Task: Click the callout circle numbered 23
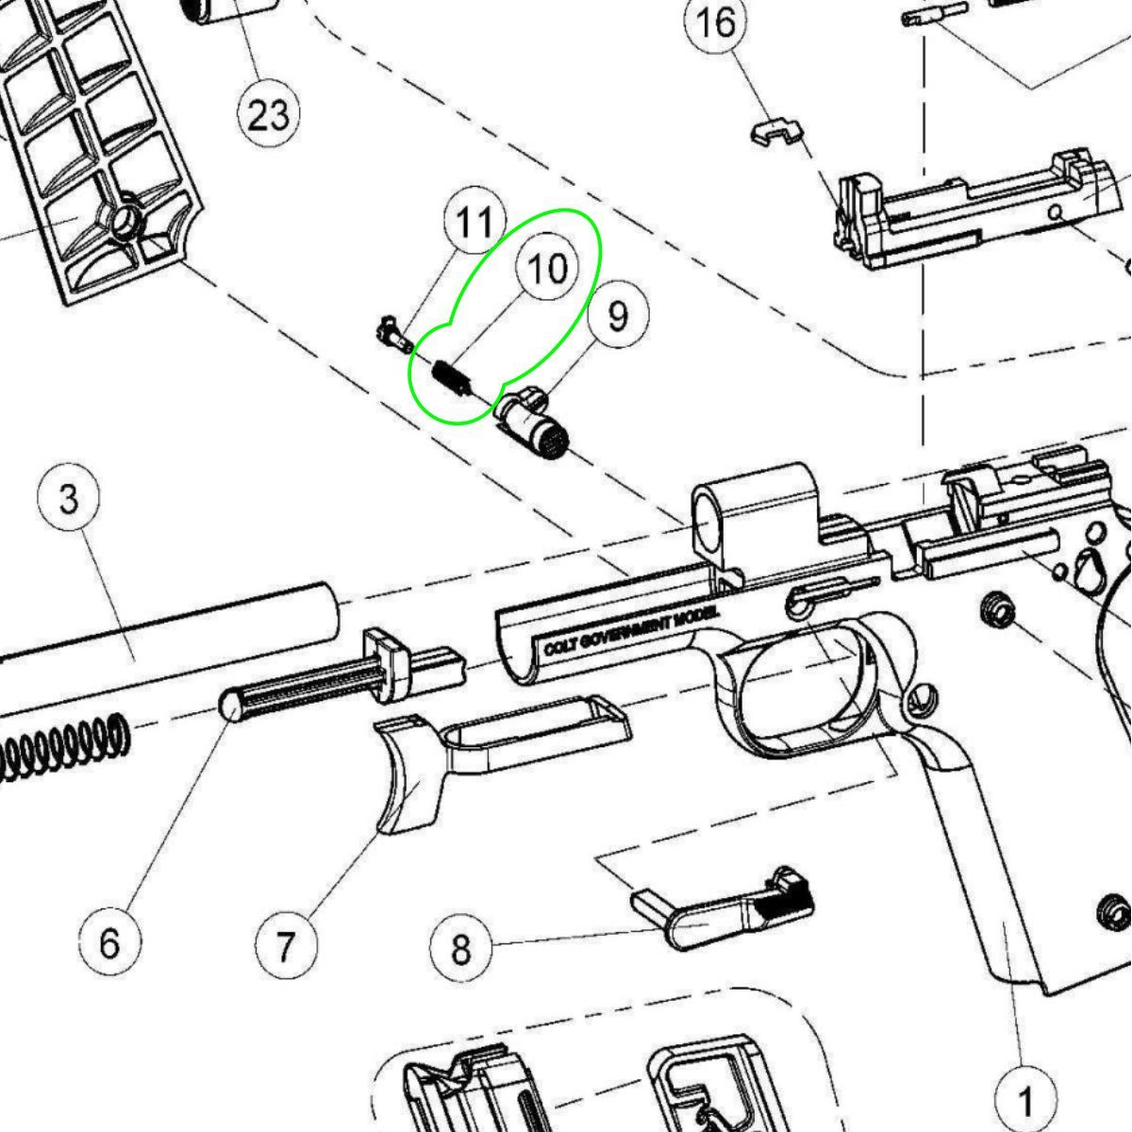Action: [x=268, y=114]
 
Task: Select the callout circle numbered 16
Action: [x=717, y=23]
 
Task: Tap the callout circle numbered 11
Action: [x=474, y=224]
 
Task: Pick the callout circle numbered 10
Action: [x=548, y=268]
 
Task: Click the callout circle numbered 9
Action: [x=618, y=316]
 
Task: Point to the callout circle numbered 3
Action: [x=70, y=499]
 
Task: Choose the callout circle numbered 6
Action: [x=109, y=942]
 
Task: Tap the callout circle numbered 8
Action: [x=460, y=948]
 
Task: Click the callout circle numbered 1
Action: [x=1025, y=1100]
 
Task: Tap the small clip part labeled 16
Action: [x=775, y=131]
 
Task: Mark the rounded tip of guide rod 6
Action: [x=232, y=706]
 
